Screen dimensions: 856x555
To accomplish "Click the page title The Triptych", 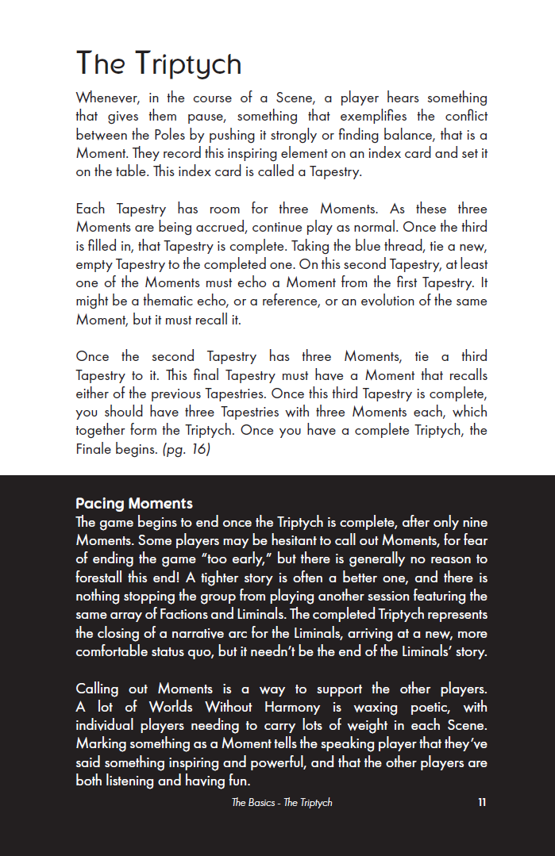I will (x=159, y=63).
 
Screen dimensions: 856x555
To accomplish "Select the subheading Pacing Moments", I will (x=134, y=504).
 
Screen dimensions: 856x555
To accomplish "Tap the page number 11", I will (x=482, y=802).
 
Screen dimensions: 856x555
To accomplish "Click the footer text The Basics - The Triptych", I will (x=282, y=802).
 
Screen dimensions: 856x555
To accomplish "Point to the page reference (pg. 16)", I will (x=187, y=449).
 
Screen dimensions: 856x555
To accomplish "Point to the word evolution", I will (x=393, y=301).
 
